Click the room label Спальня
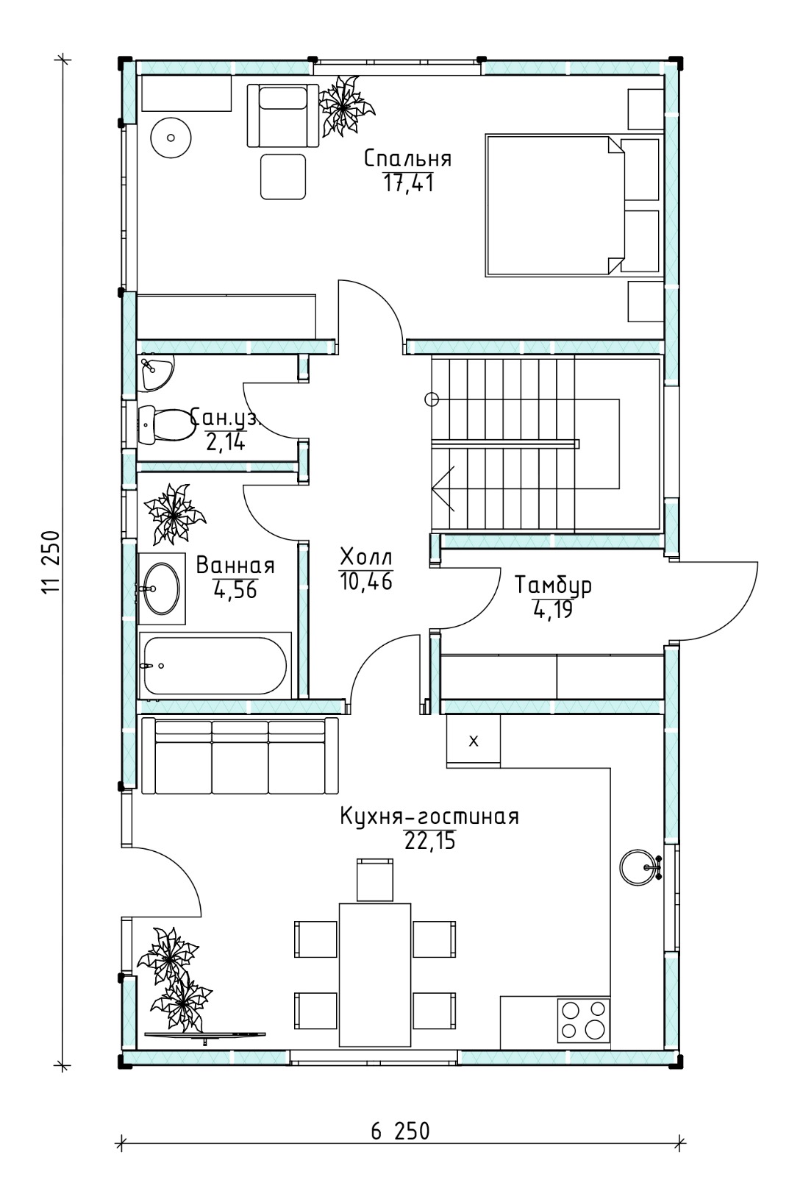tap(407, 158)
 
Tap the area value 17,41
tap(409, 183)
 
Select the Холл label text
tap(366, 556)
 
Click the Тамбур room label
tap(553, 586)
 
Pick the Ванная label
tap(235, 566)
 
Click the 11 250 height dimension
tap(51, 562)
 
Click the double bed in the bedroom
tap(573, 205)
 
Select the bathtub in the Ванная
tap(215, 666)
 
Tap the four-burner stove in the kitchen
tap(583, 1020)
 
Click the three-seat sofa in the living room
tap(240, 756)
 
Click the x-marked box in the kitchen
tap(474, 742)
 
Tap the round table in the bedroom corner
tap(171, 138)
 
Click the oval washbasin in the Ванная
tap(162, 588)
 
